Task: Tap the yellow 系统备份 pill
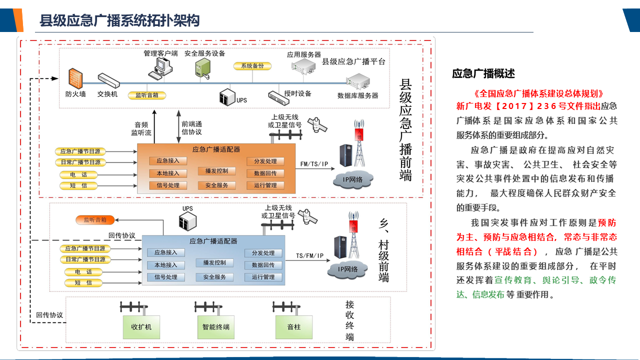(252, 66)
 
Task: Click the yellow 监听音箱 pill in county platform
(146, 95)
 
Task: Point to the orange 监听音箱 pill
(94, 219)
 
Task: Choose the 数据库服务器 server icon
(357, 81)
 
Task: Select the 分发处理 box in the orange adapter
(265, 161)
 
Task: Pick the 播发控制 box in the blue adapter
(214, 263)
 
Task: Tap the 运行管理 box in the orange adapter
(265, 185)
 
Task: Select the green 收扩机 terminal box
(141, 327)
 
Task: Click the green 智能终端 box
(216, 327)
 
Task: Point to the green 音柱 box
(294, 327)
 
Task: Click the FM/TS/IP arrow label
(314, 164)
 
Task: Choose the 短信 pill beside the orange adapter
(81, 186)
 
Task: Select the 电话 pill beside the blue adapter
(84, 272)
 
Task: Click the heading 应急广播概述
(483, 74)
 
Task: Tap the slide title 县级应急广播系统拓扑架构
(119, 20)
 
